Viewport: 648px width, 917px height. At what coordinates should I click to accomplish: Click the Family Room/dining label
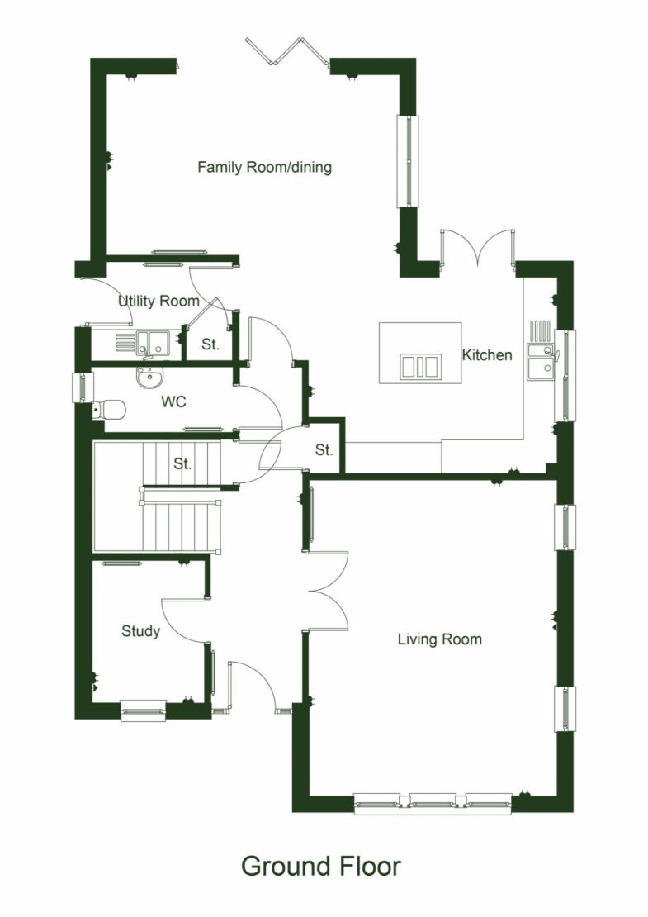(x=264, y=168)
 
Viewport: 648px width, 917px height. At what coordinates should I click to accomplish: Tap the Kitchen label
(x=486, y=355)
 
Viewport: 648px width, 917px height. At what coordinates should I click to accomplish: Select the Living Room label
(x=439, y=639)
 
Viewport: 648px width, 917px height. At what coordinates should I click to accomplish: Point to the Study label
(x=140, y=631)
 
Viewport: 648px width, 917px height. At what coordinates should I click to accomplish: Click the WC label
(x=173, y=402)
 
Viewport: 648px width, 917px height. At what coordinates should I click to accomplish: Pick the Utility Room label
(x=158, y=302)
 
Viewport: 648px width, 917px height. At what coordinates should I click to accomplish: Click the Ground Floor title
(x=320, y=866)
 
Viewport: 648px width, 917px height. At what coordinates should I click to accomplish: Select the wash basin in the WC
(x=150, y=377)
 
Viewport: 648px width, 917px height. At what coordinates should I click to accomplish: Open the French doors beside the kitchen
(x=478, y=248)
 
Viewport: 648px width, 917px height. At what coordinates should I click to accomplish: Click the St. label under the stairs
(x=182, y=464)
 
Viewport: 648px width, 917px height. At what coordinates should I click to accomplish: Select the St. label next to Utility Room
(x=210, y=344)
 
